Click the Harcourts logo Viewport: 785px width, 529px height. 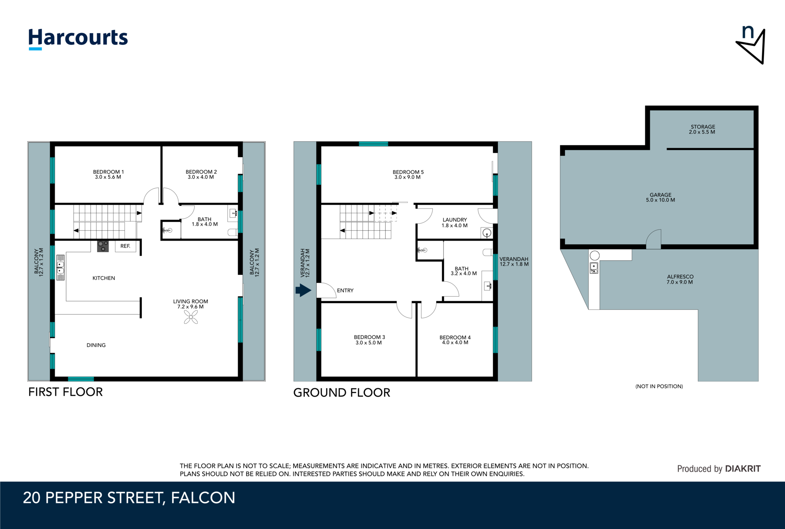point(78,39)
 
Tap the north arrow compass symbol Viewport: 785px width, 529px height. point(751,45)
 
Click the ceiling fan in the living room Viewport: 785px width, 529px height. point(191,317)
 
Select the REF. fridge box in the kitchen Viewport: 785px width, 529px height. point(126,246)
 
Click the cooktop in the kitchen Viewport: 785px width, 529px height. point(103,246)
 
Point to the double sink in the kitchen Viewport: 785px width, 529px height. point(61,268)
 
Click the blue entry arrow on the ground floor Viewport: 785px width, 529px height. point(303,290)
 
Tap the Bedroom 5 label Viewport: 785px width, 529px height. point(408,175)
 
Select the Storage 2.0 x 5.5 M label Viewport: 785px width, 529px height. point(702,129)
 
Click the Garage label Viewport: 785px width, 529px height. point(660,197)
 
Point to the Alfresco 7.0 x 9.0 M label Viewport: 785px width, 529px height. point(680,279)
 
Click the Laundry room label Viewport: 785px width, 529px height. point(455,223)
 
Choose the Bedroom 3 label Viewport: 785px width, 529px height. point(369,340)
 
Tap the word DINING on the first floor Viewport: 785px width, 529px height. point(96,345)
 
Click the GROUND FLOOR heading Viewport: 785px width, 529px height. point(342,393)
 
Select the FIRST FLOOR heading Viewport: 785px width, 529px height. point(66,392)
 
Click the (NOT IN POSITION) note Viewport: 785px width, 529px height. point(659,386)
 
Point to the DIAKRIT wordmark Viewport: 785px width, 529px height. point(743,468)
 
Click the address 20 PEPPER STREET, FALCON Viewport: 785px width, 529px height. point(129,498)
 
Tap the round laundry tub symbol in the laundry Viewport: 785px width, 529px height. point(487,233)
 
